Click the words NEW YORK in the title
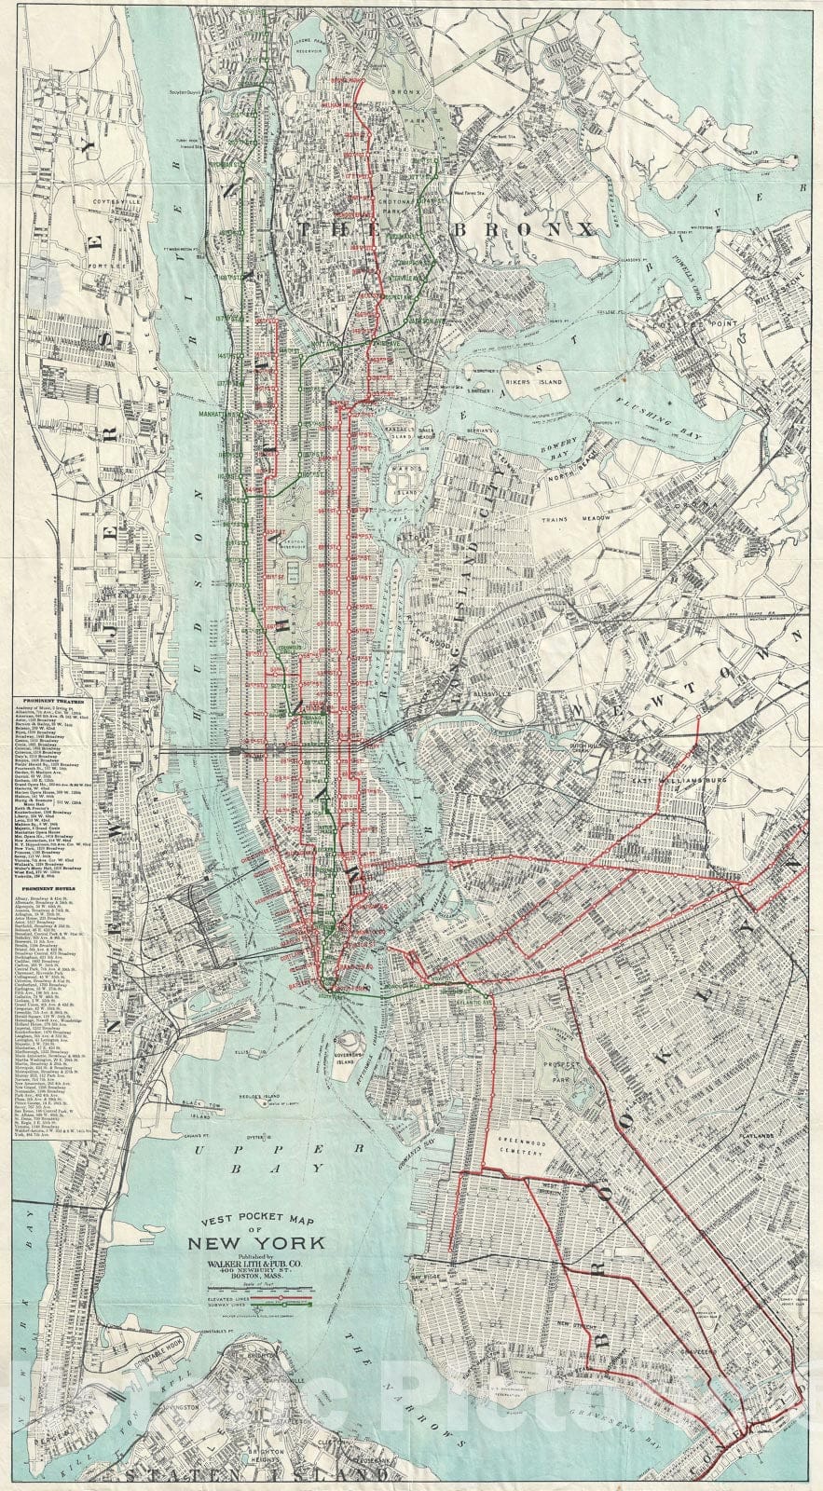257,1242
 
